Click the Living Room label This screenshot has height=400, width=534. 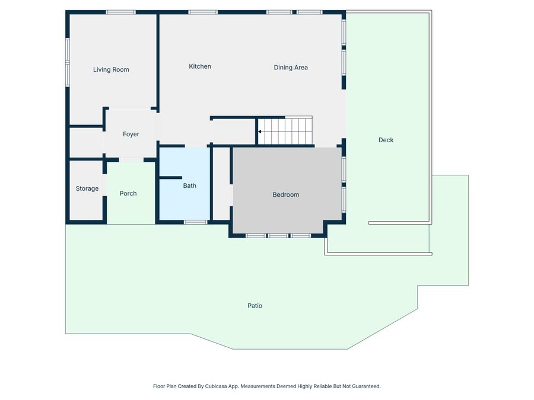[111, 70]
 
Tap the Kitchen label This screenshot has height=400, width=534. [200, 66]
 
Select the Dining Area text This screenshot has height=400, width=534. [291, 68]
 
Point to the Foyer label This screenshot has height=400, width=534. [131, 135]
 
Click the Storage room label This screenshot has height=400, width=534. [87, 189]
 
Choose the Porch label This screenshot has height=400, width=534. [128, 194]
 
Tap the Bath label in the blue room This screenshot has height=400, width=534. [189, 186]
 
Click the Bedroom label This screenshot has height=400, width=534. [286, 195]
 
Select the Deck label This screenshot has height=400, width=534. [386, 140]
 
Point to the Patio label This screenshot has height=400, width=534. [255, 306]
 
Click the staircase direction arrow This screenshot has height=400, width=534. [260, 132]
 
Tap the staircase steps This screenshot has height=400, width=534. [288, 131]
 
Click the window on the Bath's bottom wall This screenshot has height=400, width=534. [195, 222]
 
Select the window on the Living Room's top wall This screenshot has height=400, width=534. [120, 12]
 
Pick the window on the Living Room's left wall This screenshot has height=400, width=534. [68, 62]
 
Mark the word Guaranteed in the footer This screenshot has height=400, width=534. [364, 386]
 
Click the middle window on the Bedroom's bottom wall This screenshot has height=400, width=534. [278, 236]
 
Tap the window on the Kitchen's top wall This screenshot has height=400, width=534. [203, 12]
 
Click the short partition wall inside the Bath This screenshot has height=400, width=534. [170, 177]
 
